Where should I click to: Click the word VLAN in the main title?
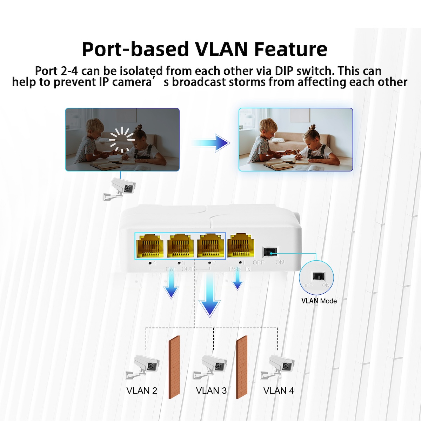click(x=221, y=49)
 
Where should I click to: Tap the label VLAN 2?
click(x=142, y=390)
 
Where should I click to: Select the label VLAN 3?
click(x=211, y=390)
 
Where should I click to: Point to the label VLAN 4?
click(x=279, y=390)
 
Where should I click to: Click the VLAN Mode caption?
click(x=319, y=301)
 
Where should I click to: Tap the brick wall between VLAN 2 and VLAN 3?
click(x=174, y=367)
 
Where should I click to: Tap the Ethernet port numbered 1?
click(x=241, y=246)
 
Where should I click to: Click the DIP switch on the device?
click(x=270, y=251)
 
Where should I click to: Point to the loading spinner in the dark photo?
click(x=122, y=140)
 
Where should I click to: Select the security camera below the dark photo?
click(x=120, y=189)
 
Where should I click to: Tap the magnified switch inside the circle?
click(x=319, y=276)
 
